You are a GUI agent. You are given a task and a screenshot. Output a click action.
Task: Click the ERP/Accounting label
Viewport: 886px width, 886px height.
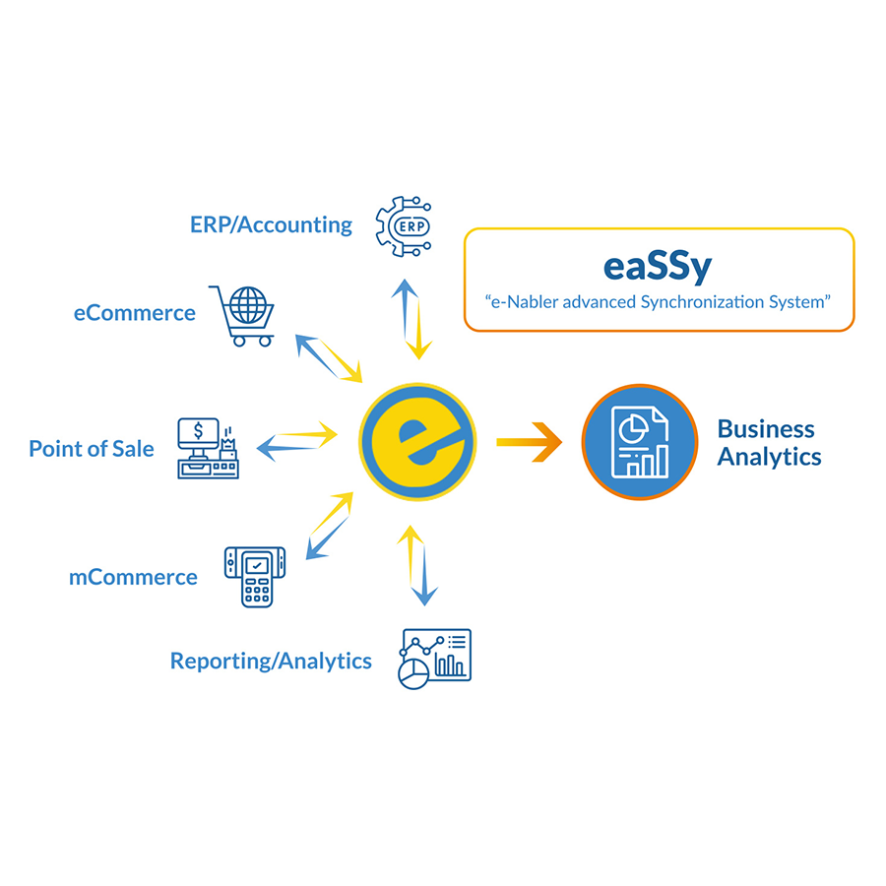pyautogui.click(x=271, y=224)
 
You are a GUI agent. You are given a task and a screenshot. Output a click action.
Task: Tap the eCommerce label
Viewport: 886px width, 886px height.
pyautogui.click(x=135, y=313)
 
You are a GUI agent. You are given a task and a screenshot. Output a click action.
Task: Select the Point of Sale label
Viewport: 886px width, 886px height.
pyautogui.click(x=92, y=449)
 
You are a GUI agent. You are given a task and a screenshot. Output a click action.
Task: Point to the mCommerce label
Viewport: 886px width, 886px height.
pyautogui.click(x=133, y=577)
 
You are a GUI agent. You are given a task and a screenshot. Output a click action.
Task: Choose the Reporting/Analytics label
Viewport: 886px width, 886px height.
pyautogui.click(x=271, y=661)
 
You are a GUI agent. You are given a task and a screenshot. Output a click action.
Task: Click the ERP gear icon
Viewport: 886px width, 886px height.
pyautogui.click(x=405, y=226)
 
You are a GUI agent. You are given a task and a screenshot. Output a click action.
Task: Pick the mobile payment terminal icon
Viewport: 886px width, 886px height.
pyautogui.click(x=255, y=576)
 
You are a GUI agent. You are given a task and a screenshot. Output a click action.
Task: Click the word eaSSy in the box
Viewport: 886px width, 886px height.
pyautogui.click(x=657, y=266)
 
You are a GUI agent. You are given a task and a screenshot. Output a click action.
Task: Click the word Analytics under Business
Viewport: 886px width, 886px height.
pyautogui.click(x=769, y=457)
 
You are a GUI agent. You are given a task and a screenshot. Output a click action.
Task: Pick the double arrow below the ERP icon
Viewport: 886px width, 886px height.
pyautogui.click(x=412, y=318)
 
